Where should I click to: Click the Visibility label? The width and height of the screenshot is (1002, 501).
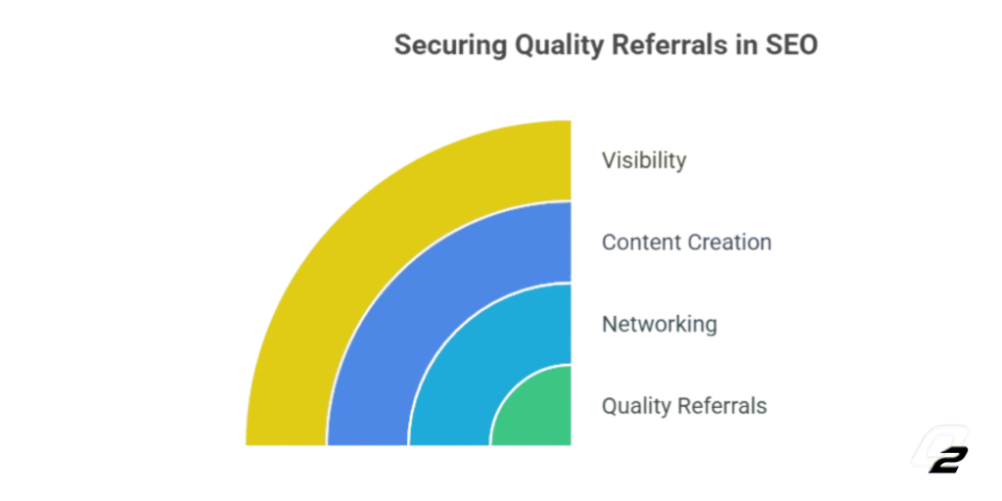pyautogui.click(x=644, y=160)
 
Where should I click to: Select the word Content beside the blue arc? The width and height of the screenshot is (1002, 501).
pyautogui.click(x=642, y=243)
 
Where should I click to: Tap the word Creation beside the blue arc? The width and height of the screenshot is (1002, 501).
pyautogui.click(x=730, y=243)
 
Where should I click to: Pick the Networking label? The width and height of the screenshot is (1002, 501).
pyautogui.click(x=660, y=324)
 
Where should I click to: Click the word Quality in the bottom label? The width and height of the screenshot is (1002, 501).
pyautogui.click(x=636, y=406)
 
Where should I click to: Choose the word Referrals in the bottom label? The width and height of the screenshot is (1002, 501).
pyautogui.click(x=723, y=406)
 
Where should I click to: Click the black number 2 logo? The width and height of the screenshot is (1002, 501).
pyautogui.click(x=948, y=460)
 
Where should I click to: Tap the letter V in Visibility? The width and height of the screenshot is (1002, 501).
pyautogui.click(x=609, y=160)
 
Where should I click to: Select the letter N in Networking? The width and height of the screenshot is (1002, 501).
pyautogui.click(x=609, y=324)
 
